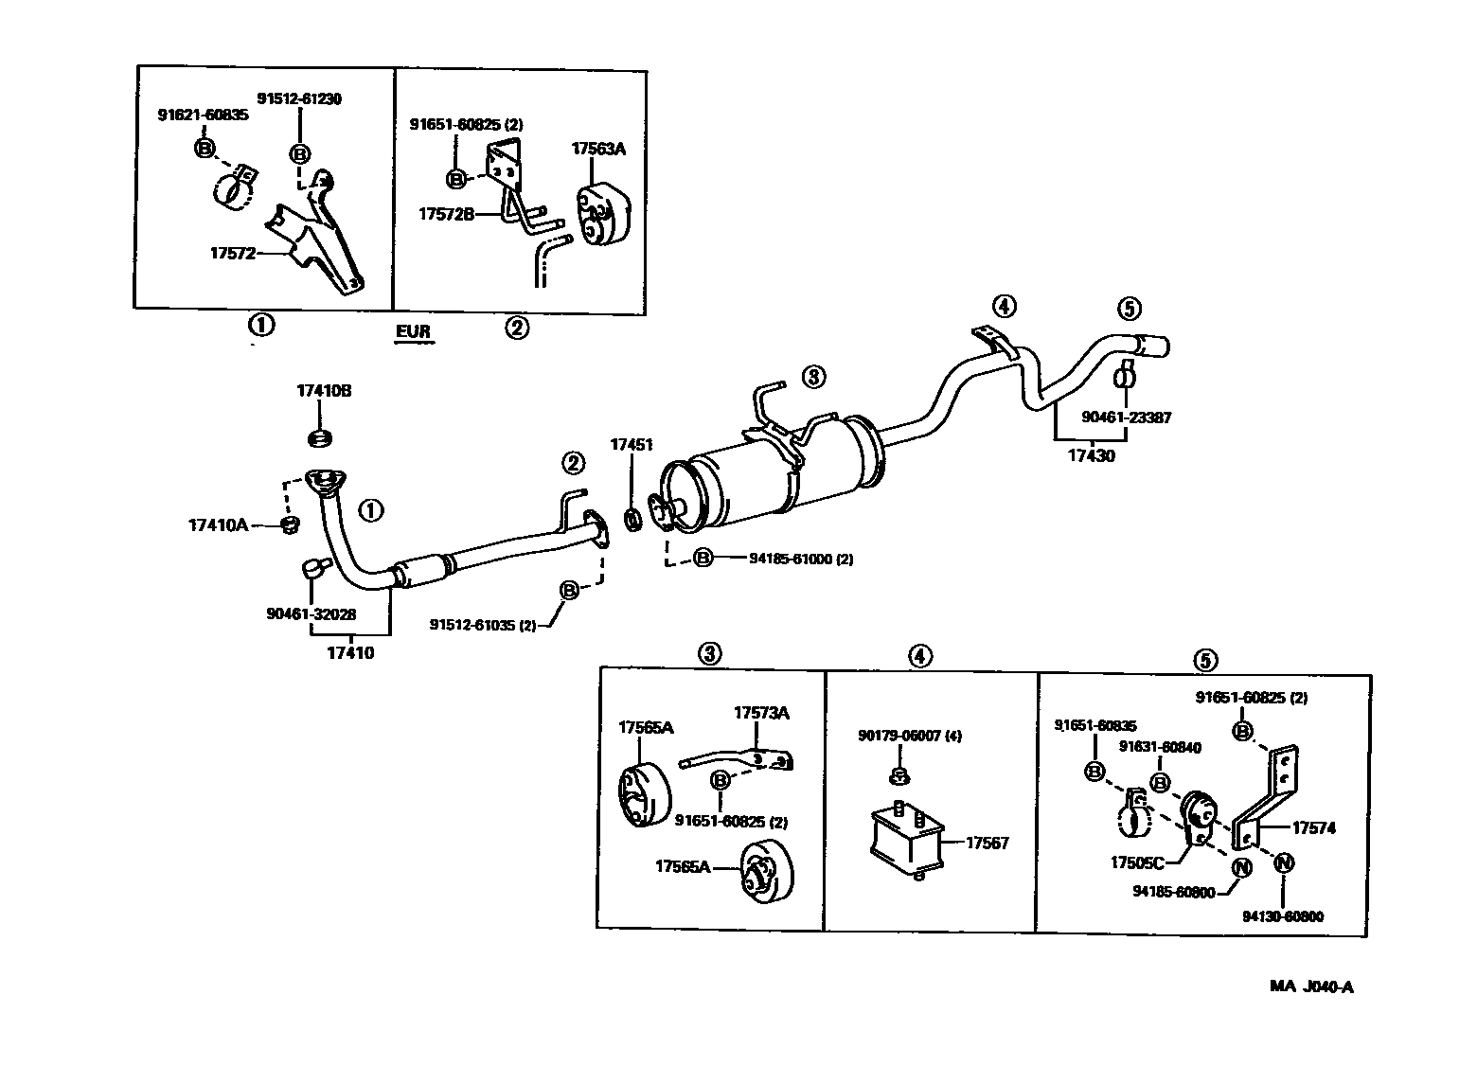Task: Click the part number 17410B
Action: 324,391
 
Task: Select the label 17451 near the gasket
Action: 631,444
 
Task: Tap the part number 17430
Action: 1092,456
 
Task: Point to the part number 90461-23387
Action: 1127,417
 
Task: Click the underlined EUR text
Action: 413,331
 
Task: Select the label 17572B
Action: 446,215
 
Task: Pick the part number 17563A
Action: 598,149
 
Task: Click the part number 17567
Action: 988,843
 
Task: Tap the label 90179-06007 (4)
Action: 910,736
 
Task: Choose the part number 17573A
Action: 761,713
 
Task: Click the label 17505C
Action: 1137,863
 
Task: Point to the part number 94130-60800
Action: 1283,916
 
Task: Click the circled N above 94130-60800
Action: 1283,862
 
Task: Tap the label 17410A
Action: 218,524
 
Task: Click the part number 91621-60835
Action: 203,115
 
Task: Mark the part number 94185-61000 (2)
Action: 800,560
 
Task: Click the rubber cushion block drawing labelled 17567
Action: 907,837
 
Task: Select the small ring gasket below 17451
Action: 632,519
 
